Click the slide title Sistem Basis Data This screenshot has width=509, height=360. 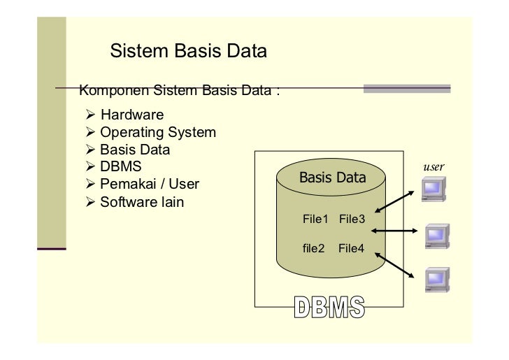point(188,52)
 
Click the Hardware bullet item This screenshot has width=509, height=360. point(131,115)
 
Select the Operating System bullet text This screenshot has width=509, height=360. point(157,132)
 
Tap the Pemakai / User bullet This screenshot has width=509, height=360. point(149,185)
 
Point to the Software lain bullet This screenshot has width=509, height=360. point(142,203)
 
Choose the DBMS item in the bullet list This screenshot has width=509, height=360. point(120,167)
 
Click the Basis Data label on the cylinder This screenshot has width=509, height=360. point(332,178)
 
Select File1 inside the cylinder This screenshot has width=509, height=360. point(315,219)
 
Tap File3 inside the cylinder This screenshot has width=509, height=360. point(352,219)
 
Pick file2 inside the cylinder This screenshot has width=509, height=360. point(313,248)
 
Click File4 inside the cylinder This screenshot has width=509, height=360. point(352,248)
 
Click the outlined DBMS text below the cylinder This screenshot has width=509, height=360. point(329,308)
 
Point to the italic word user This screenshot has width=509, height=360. point(433,168)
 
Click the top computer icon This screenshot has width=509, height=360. point(434,189)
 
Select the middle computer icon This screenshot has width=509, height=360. point(437,236)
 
